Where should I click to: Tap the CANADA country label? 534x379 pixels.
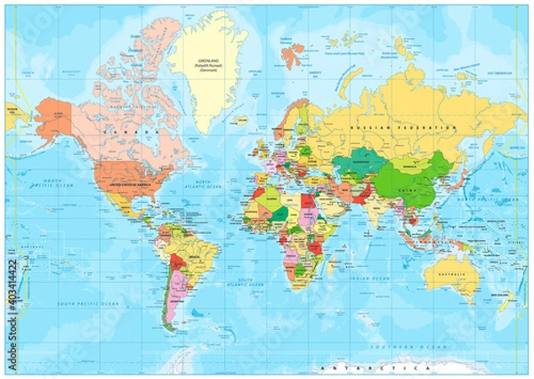coord(118,131)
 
